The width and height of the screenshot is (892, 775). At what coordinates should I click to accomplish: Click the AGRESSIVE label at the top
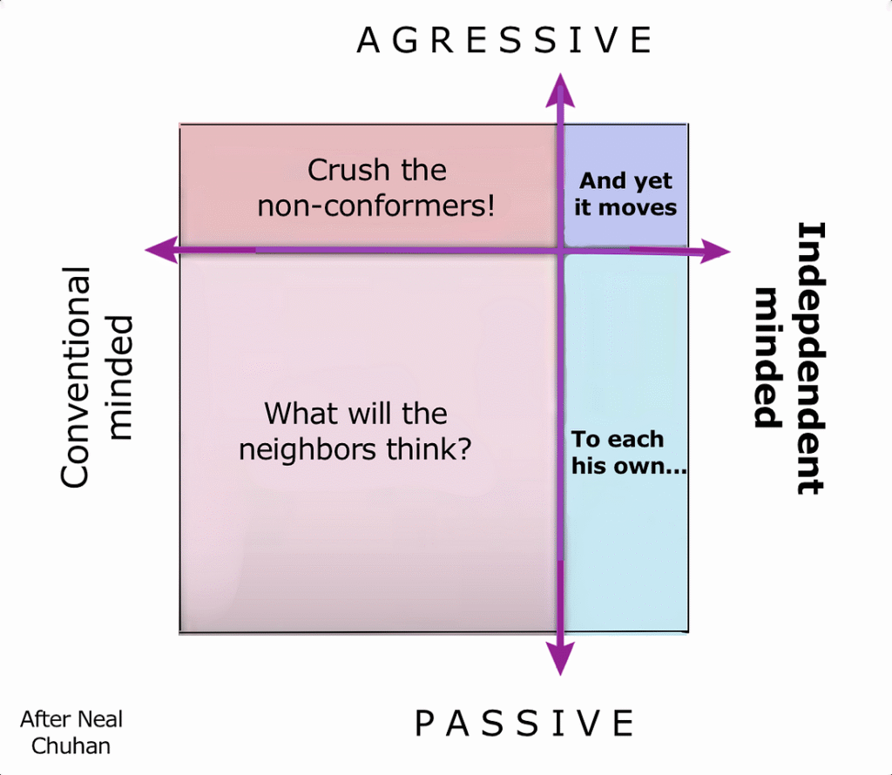[x=504, y=40]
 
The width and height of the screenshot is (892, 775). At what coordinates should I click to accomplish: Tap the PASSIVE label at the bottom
[x=524, y=724]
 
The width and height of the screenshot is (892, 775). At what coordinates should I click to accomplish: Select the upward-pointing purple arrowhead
[x=560, y=90]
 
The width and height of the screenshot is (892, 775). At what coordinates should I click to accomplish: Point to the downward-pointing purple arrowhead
[x=560, y=659]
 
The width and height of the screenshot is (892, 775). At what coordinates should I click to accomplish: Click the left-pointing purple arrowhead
[x=162, y=250]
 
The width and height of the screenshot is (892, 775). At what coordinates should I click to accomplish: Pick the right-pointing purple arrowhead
[x=715, y=251]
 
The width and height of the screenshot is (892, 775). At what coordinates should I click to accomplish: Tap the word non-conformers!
[x=376, y=206]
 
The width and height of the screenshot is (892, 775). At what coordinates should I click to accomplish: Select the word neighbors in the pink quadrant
[x=307, y=448]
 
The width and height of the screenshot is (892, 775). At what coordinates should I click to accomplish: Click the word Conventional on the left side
[x=75, y=377]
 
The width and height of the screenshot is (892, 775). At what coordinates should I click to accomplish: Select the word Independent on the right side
[x=810, y=358]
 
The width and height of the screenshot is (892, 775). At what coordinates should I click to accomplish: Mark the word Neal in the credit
[x=99, y=719]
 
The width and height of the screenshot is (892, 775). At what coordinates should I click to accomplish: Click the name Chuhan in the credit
[x=71, y=745]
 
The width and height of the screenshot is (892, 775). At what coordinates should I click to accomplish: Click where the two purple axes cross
[x=560, y=250]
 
